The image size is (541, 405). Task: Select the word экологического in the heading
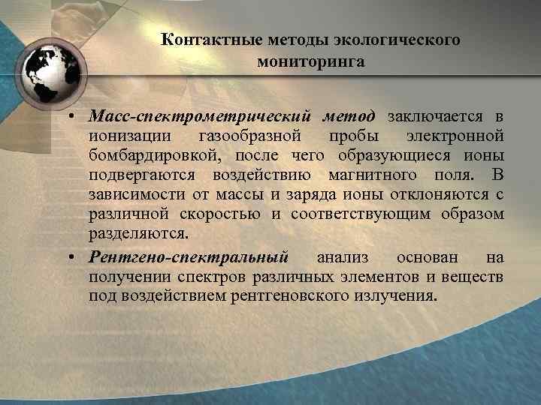coord(397,39)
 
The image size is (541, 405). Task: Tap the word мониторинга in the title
coord(310,61)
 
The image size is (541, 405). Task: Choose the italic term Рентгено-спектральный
coord(189,257)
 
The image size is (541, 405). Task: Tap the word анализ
coord(343,257)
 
